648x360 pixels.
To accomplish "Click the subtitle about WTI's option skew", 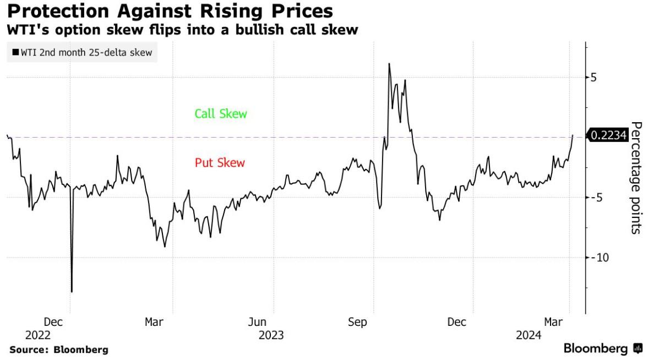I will (x=182, y=30).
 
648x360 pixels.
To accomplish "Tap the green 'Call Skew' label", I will (x=220, y=114).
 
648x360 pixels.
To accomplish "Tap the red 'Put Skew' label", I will (x=220, y=163).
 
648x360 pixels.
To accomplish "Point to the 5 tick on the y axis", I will (x=593, y=78).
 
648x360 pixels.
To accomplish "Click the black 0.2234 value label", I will (x=608, y=135).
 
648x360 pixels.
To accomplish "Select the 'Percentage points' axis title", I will (x=636, y=177).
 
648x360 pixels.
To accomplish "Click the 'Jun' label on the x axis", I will (x=257, y=322).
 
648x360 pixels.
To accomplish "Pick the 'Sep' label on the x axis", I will (x=357, y=322).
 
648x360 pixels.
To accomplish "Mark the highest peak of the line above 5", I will (x=389, y=64).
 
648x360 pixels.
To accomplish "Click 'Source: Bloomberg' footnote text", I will (x=59, y=350).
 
